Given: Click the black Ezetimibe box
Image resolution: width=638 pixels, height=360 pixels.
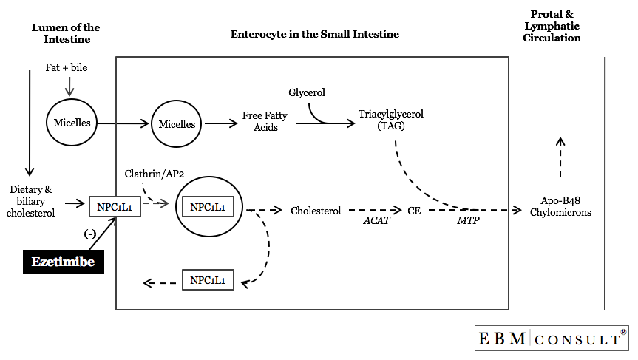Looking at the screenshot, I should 63,261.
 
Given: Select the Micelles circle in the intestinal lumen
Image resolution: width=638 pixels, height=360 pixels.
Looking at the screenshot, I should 72,123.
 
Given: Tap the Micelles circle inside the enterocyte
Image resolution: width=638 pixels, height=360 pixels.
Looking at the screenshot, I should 177,124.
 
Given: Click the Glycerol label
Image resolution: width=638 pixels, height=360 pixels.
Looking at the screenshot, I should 307,92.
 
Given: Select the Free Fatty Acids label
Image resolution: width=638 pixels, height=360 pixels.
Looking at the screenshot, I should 260,121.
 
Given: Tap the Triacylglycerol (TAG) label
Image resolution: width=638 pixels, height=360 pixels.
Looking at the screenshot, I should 391,120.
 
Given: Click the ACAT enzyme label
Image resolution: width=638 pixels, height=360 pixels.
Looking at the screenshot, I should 376,220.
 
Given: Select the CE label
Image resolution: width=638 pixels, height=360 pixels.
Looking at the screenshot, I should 414,210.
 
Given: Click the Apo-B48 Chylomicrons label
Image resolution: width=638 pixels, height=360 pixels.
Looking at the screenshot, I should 560,206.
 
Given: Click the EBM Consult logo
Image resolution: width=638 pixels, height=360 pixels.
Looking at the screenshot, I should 552,339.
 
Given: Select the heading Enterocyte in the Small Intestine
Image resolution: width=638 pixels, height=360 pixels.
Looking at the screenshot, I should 314,34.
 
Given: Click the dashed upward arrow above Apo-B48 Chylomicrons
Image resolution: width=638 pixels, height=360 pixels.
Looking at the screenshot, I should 560,157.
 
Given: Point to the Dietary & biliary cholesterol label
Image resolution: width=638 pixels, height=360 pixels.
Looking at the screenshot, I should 32,201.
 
